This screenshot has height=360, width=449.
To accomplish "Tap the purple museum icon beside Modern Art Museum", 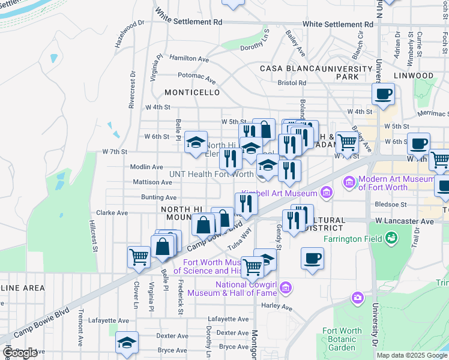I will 349,181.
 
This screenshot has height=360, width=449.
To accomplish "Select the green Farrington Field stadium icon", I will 392,239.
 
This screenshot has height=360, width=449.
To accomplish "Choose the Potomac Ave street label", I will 196,77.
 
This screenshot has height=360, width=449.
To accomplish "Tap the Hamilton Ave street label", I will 188,59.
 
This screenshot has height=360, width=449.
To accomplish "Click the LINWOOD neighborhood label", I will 414,76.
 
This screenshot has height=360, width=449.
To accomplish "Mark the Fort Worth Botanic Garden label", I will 342,339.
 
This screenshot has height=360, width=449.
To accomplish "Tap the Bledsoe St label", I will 391,205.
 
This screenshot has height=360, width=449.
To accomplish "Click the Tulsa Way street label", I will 238,239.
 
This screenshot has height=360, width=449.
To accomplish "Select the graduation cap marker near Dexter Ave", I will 127,342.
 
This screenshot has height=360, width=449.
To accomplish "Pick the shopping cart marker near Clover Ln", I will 139,257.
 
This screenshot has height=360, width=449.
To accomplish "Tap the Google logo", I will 20,353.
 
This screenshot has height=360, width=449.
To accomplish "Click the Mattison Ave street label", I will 153,182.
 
